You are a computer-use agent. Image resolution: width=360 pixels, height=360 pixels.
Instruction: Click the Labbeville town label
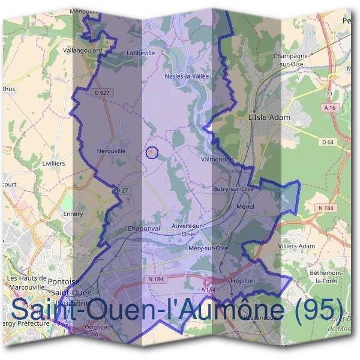click(141, 53)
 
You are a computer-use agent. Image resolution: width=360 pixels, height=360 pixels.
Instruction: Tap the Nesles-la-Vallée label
click(186, 76)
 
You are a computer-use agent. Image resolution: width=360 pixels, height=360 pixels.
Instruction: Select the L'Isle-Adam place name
click(269, 118)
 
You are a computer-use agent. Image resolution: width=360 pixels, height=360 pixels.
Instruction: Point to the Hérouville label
click(111, 151)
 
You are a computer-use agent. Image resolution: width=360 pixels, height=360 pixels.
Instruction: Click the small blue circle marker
click(152, 152)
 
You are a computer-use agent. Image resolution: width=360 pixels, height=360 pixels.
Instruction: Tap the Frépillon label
click(243, 280)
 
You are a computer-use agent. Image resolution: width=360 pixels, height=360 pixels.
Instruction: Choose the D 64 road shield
click(328, 142)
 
